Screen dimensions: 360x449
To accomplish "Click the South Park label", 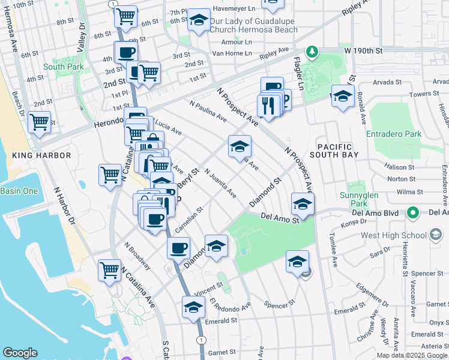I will pyautogui.click(x=62, y=67).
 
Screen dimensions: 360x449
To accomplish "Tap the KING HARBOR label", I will pyautogui.click(x=41, y=155).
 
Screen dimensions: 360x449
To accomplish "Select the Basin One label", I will pyautogui.click(x=19, y=191).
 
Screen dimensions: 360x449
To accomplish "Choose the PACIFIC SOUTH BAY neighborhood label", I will pyautogui.click(x=338, y=151).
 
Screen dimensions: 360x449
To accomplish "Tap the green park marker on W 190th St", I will pyautogui.click(x=312, y=52).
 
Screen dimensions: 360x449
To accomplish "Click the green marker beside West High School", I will pyautogui.click(x=412, y=212).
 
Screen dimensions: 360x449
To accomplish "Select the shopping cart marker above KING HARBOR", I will pyautogui.click(x=39, y=122).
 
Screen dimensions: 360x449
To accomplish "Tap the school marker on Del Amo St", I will pyautogui.click(x=303, y=204).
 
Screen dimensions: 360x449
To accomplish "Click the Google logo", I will pyautogui.click(x=20, y=353).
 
